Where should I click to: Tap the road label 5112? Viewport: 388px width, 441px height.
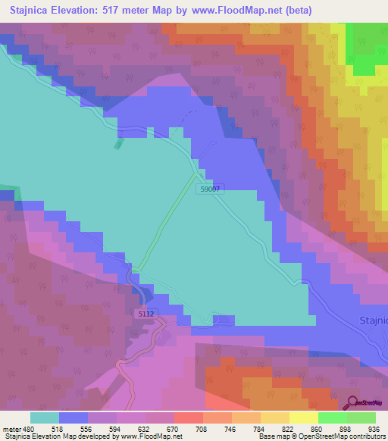tap(147, 313)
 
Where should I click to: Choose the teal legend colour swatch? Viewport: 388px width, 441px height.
tap(45, 418)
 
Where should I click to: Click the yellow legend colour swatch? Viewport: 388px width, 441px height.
tap(303, 418)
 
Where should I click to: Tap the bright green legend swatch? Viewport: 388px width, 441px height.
tap(332, 418)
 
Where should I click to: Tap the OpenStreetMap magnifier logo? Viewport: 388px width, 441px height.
tap(352, 402)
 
